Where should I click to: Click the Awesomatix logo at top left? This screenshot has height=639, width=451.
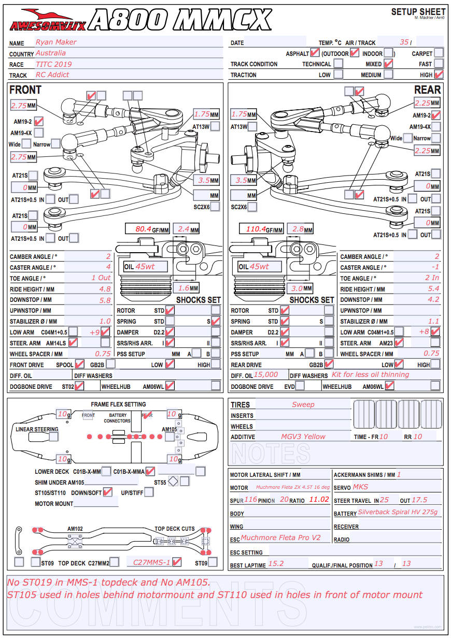coord(48,20)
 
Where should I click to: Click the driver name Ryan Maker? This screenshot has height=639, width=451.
coord(56,42)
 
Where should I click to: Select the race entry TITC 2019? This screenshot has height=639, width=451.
coord(54,64)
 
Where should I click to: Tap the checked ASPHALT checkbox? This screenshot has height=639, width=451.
coord(315,52)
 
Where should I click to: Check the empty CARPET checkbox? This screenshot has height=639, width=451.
coord(439,52)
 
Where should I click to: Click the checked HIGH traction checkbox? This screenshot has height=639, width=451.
coord(439,75)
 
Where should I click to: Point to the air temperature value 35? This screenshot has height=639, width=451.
coord(404,42)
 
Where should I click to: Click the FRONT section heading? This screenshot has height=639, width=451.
coord(25,90)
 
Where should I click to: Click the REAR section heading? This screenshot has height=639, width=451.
coord(427,90)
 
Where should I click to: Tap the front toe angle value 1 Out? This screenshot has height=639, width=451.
coord(101,278)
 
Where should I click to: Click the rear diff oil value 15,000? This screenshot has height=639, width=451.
coord(266,375)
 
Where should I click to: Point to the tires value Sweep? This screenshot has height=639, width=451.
coord(303,404)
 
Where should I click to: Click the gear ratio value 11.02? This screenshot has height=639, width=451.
coord(319,500)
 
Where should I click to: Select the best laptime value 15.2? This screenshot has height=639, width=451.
coord(275,564)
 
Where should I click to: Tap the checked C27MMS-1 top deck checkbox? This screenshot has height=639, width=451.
coord(177,562)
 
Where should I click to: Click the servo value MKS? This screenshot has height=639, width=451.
coord(361,487)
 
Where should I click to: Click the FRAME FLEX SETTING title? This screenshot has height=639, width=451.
coord(118,404)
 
